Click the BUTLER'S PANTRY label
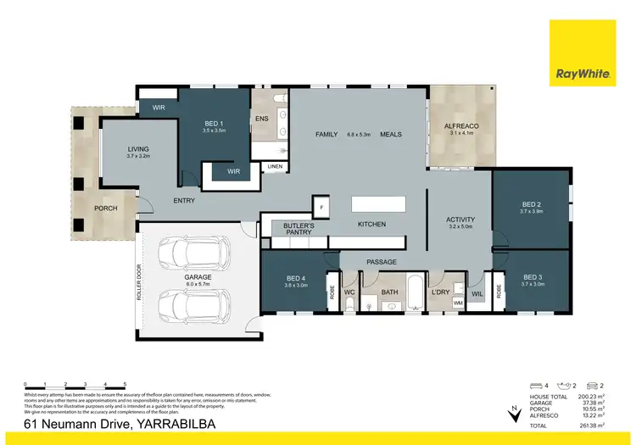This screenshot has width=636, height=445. [x=298, y=230]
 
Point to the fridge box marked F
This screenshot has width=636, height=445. [x=321, y=206]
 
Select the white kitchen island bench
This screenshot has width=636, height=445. [x=377, y=204]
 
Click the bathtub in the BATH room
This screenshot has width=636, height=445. [x=414, y=292]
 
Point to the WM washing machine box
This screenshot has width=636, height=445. [x=459, y=302]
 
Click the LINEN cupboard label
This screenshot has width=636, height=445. [x=275, y=167]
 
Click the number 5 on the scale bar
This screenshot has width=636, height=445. [x=126, y=383]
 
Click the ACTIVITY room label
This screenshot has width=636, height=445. [x=460, y=220]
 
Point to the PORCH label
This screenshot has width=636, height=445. [x=106, y=209]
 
